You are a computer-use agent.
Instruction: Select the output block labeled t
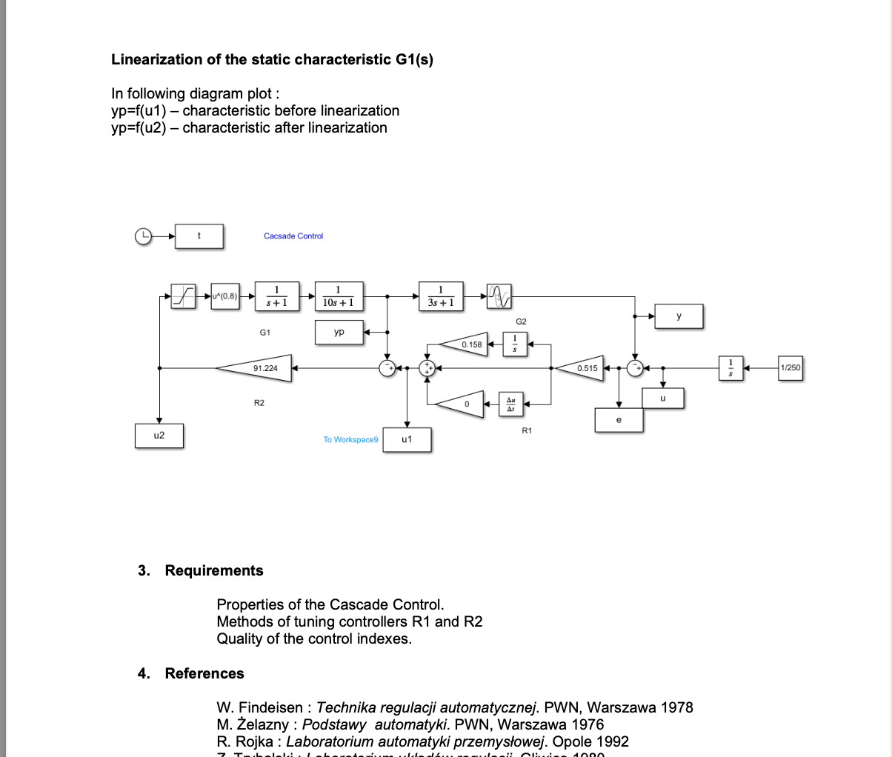point(199,236)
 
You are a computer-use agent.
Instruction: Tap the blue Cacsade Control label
point(293,236)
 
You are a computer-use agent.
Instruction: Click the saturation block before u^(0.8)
point(183,296)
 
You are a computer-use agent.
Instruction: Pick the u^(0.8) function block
point(224,296)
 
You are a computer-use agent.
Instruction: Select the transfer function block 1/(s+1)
point(276,296)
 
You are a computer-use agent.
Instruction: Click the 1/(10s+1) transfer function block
point(339,296)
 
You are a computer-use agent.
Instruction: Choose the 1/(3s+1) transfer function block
point(441,296)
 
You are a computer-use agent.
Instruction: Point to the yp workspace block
point(339,332)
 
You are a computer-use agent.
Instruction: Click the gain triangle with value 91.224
point(259,367)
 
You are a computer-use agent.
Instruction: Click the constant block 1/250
point(790,367)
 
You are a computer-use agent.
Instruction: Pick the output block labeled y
point(679,316)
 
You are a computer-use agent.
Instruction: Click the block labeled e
point(619,420)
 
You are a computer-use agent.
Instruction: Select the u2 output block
point(159,436)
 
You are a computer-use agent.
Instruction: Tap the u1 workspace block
point(407,439)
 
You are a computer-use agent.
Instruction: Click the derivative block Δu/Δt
point(510,404)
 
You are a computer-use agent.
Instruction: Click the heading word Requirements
point(214,570)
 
